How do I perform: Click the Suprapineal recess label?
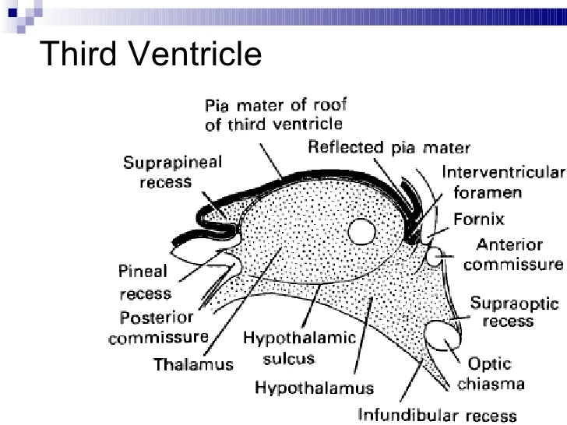[172, 172]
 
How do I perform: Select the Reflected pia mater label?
[389, 147]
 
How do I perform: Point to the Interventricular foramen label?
[502, 181]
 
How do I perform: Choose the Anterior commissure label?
[511, 255]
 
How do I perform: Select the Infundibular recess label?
[436, 415]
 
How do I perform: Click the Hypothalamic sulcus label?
[299, 349]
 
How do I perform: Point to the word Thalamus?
[193, 364]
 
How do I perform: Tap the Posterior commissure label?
[159, 328]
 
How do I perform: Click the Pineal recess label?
[144, 282]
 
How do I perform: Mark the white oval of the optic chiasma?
[441, 336]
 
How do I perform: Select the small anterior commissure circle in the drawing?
[436, 255]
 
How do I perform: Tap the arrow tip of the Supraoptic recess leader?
[449, 318]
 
